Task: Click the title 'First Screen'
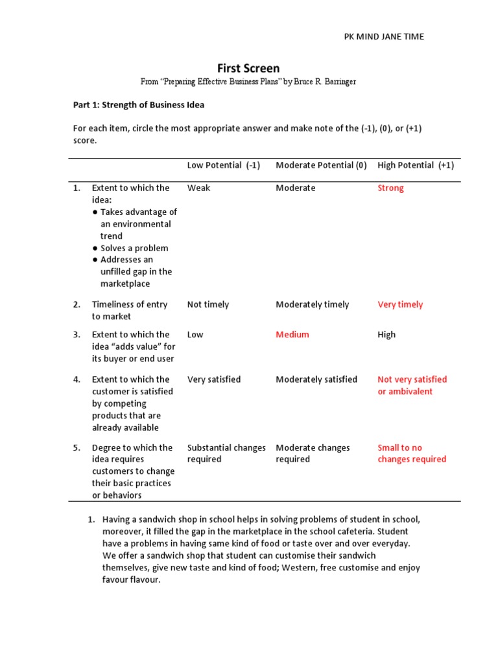coord(248,68)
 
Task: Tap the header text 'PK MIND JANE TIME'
coord(383,36)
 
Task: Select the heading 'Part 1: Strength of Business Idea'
coord(138,104)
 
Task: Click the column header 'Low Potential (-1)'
coord(223,165)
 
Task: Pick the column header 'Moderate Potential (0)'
coord(321,165)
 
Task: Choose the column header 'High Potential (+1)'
coord(416,165)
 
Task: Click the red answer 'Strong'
coord(390,188)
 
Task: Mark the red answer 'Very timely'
coord(400,304)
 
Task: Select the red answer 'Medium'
coord(292,335)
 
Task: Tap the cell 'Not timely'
coord(207,304)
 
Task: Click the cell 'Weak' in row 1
coord(198,188)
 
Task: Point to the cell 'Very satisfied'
coord(213,379)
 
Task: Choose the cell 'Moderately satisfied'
coord(316,379)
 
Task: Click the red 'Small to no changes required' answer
coord(412,453)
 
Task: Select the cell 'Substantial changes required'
coord(226,453)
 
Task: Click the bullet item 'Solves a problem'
coord(134,248)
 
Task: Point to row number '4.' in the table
coord(77,379)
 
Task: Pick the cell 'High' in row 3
coord(386,335)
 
